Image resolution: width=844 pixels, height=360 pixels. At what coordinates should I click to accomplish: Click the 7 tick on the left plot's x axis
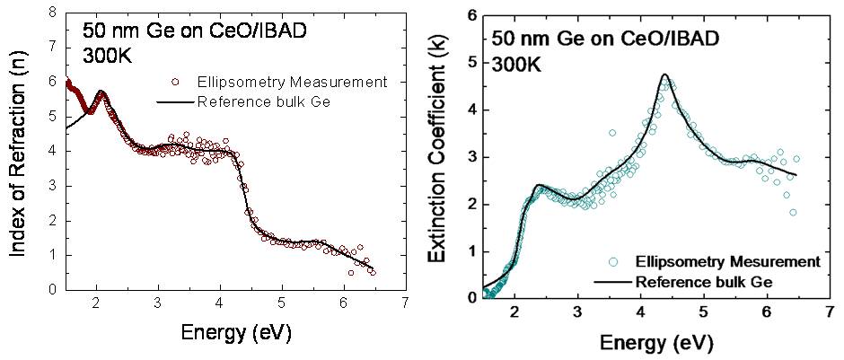407,302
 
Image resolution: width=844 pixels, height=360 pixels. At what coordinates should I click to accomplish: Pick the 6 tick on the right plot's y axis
470,16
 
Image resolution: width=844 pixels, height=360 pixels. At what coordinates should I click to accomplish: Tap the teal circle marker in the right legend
614,262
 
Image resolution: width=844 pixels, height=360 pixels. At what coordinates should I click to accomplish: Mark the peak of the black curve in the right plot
664,75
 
